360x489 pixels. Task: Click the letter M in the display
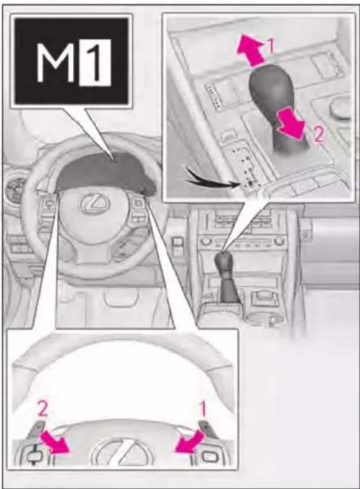coord(55,63)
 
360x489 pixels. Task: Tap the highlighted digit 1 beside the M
coord(95,63)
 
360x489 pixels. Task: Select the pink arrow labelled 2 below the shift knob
coord(290,124)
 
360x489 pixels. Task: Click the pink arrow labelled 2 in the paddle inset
coord(56,441)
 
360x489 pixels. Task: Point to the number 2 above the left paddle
coord(43,409)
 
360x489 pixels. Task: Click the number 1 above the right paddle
coord(202,409)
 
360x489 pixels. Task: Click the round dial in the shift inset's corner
coord(340,108)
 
